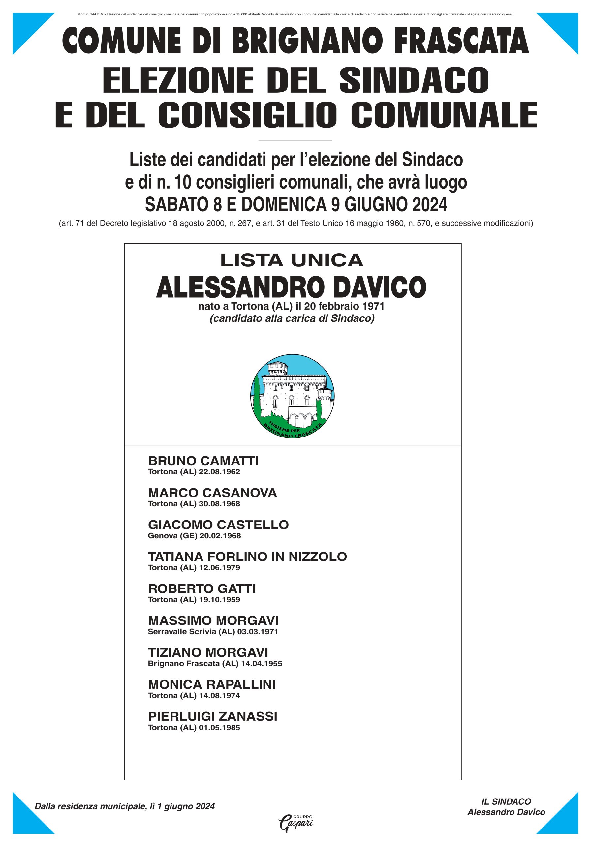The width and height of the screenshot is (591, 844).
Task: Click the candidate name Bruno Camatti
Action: tap(203, 461)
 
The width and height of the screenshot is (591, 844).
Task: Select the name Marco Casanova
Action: tap(212, 493)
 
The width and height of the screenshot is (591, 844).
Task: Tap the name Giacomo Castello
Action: tap(218, 525)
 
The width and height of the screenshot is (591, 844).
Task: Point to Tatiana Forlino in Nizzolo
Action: tap(247, 557)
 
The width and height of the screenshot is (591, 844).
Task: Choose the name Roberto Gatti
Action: tap(202, 588)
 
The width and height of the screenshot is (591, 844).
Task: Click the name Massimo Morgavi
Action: tap(213, 620)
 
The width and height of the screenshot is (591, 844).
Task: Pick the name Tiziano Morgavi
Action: tap(208, 652)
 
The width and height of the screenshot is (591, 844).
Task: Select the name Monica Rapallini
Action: tap(211, 684)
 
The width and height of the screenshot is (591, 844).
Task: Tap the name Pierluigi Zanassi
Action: tap(212, 716)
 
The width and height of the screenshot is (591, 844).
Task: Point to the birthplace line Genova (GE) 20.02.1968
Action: tap(194, 536)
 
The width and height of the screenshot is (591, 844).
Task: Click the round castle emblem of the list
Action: tap(293, 396)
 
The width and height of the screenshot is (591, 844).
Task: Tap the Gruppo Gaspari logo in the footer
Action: tap(295, 824)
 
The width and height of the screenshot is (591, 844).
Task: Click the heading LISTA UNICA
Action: tap(292, 261)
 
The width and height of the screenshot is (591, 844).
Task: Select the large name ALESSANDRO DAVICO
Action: tap(291, 287)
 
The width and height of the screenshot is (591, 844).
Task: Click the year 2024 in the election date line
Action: tap(429, 205)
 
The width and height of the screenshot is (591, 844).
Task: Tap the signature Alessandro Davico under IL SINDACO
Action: tap(506, 812)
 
